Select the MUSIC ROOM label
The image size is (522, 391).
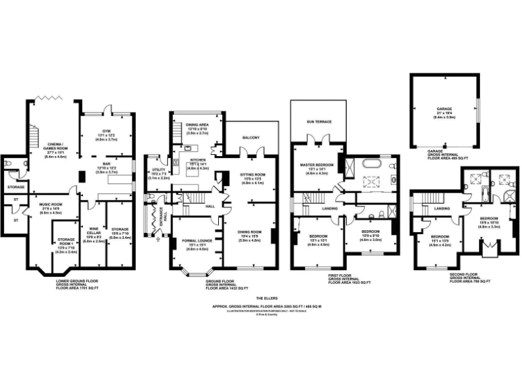tap(51, 204)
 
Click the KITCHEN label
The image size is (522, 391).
tap(196, 160)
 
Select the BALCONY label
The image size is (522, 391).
tap(250, 137)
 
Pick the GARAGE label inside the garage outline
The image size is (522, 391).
tap(444, 109)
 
